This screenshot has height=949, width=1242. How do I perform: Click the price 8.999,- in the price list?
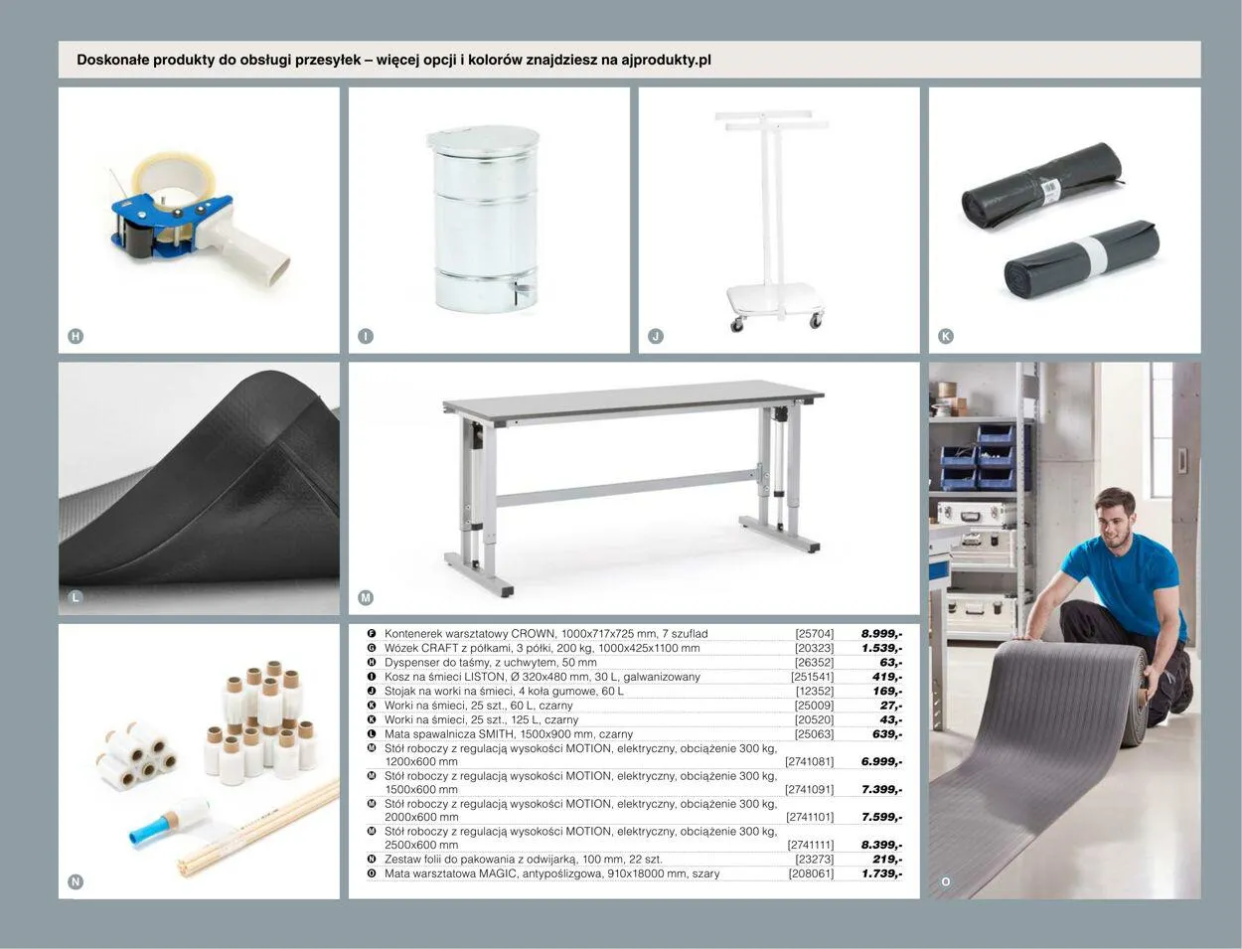881,634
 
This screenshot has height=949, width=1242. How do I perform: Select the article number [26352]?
814,663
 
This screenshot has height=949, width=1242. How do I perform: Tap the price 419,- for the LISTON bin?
887,677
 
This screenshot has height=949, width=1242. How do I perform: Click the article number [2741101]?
810,817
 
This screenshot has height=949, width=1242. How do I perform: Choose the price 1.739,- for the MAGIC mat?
881,873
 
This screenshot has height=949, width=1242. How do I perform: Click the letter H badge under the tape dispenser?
76,337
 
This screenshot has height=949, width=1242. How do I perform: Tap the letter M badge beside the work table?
366,597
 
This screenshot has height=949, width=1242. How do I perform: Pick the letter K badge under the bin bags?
946,337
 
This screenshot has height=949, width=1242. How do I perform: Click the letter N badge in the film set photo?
76,881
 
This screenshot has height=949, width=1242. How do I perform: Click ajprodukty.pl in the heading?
666,60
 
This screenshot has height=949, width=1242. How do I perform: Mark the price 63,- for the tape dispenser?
890,663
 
